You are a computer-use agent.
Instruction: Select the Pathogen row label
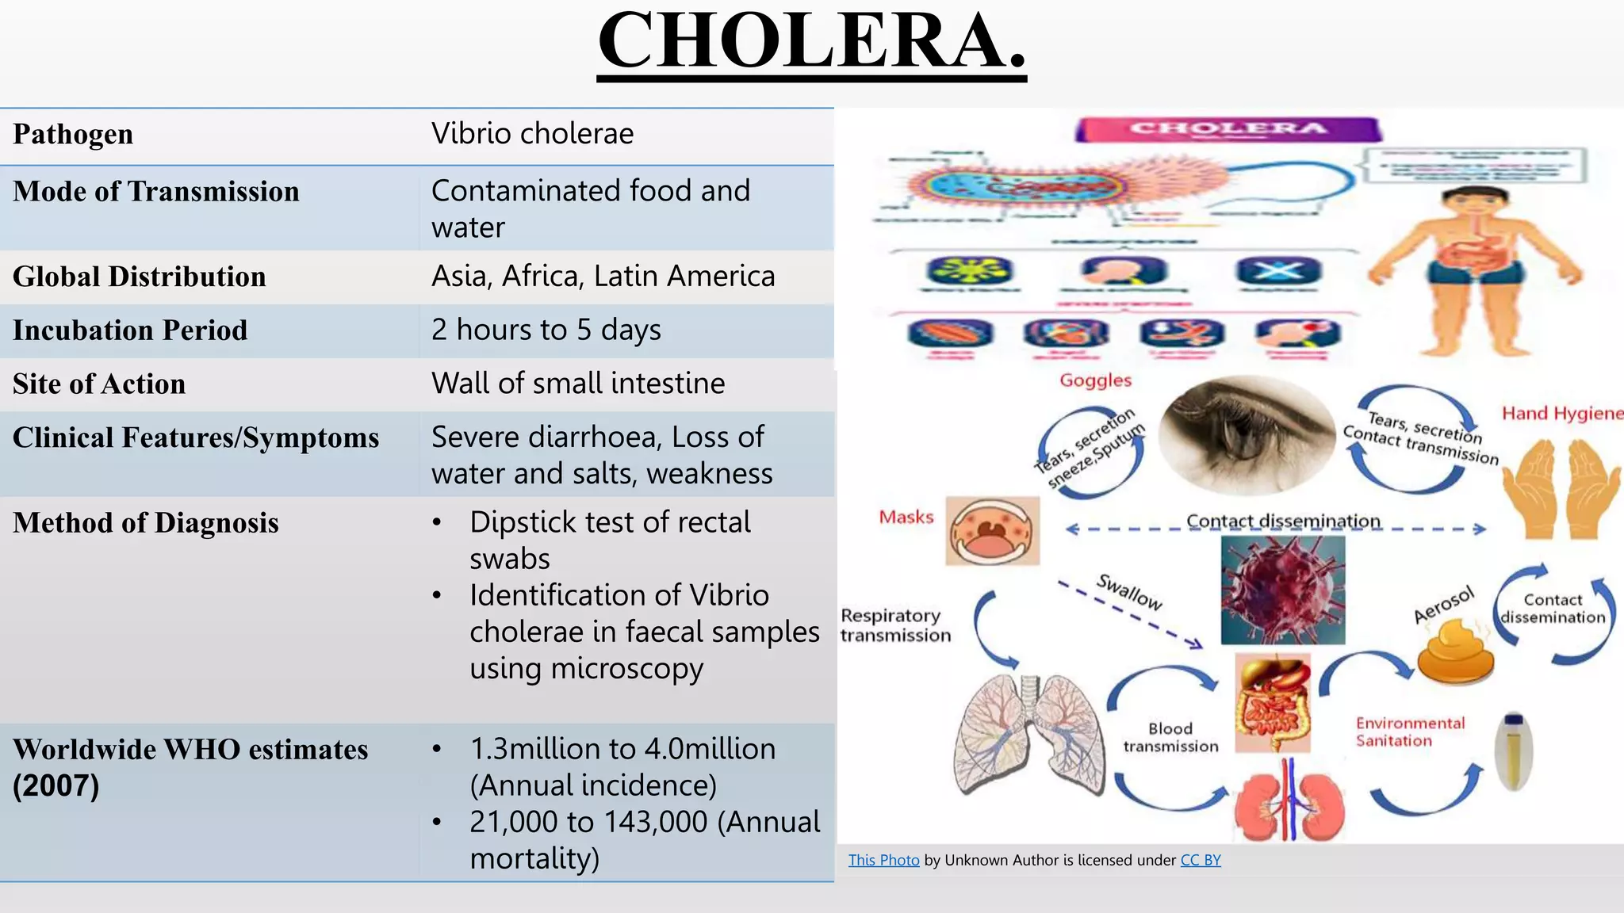pos(73,134)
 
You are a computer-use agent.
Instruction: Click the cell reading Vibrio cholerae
pos(532,134)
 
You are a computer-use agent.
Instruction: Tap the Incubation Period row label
pos(130,330)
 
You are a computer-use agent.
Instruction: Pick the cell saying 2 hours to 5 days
pos(546,330)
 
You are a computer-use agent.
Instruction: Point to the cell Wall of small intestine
pos(578,384)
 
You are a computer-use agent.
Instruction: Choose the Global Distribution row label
pos(140,277)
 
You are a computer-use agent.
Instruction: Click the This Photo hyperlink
pos(883,860)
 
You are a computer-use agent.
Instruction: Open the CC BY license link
pos(1200,860)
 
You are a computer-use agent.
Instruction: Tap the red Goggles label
pos(1095,380)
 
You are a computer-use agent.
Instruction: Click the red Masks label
pos(906,518)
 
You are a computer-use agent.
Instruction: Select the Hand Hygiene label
pos(1561,413)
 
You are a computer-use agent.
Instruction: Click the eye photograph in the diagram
pos(1246,434)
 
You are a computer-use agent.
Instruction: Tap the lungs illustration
pos(1029,733)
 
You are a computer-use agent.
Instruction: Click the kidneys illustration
pos(1289,802)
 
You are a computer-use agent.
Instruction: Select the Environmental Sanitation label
pos(1409,732)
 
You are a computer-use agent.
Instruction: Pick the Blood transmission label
pos(1170,737)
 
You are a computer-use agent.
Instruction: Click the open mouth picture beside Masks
pos(992,531)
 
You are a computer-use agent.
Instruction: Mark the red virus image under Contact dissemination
pos(1282,590)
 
